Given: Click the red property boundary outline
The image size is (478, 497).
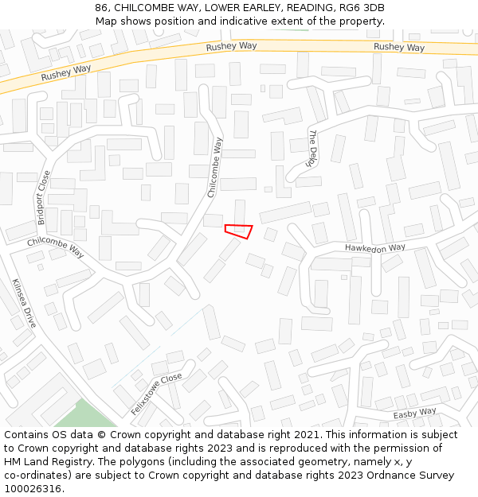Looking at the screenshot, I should coord(238,231).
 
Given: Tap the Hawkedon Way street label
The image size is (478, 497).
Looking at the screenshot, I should coord(374,248).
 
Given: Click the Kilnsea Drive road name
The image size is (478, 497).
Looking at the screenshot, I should coord(25,303).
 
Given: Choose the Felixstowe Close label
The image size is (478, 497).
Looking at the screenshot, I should coord(157,394).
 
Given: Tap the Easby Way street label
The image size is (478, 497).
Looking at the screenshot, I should coord(415,414).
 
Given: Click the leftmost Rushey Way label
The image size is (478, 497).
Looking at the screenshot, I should coord(66,74).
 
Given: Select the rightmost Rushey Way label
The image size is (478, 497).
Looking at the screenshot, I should coord(399,48).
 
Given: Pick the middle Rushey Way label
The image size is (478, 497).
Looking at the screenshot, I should coord(231,47).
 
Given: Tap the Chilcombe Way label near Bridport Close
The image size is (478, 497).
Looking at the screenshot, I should coord(56,247).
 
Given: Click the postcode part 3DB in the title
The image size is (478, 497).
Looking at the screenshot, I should coord(374,8).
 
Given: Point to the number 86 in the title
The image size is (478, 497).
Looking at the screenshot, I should coord(101,8).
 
